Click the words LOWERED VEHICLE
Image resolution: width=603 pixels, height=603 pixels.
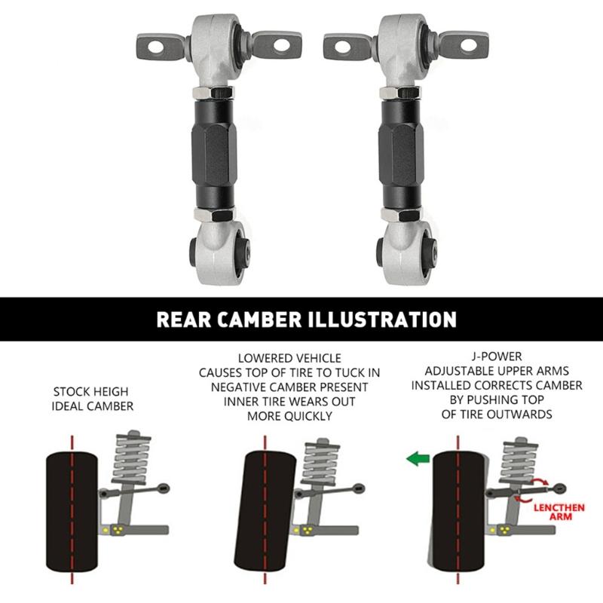[x=289, y=358]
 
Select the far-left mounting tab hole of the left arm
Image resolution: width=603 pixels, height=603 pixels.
[x=155, y=46]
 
